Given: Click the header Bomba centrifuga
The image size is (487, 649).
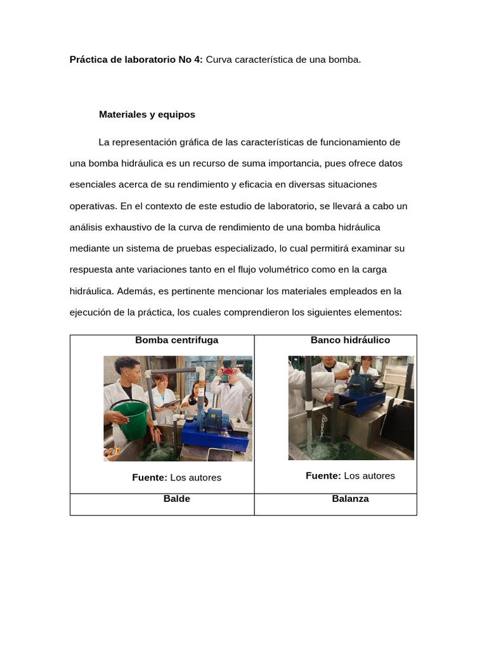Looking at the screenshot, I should pos(176,340).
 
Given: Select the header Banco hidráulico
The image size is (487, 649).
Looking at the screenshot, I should pos(350,340).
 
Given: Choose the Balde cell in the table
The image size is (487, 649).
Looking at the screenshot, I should pos(176,499).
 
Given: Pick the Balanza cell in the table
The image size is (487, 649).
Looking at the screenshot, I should pos(350,499).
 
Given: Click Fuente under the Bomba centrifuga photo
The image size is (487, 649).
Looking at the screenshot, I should pos(150,478).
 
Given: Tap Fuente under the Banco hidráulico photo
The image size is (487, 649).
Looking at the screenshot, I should pos(323,476).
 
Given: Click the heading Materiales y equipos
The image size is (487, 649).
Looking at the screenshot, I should pos(147,115).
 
